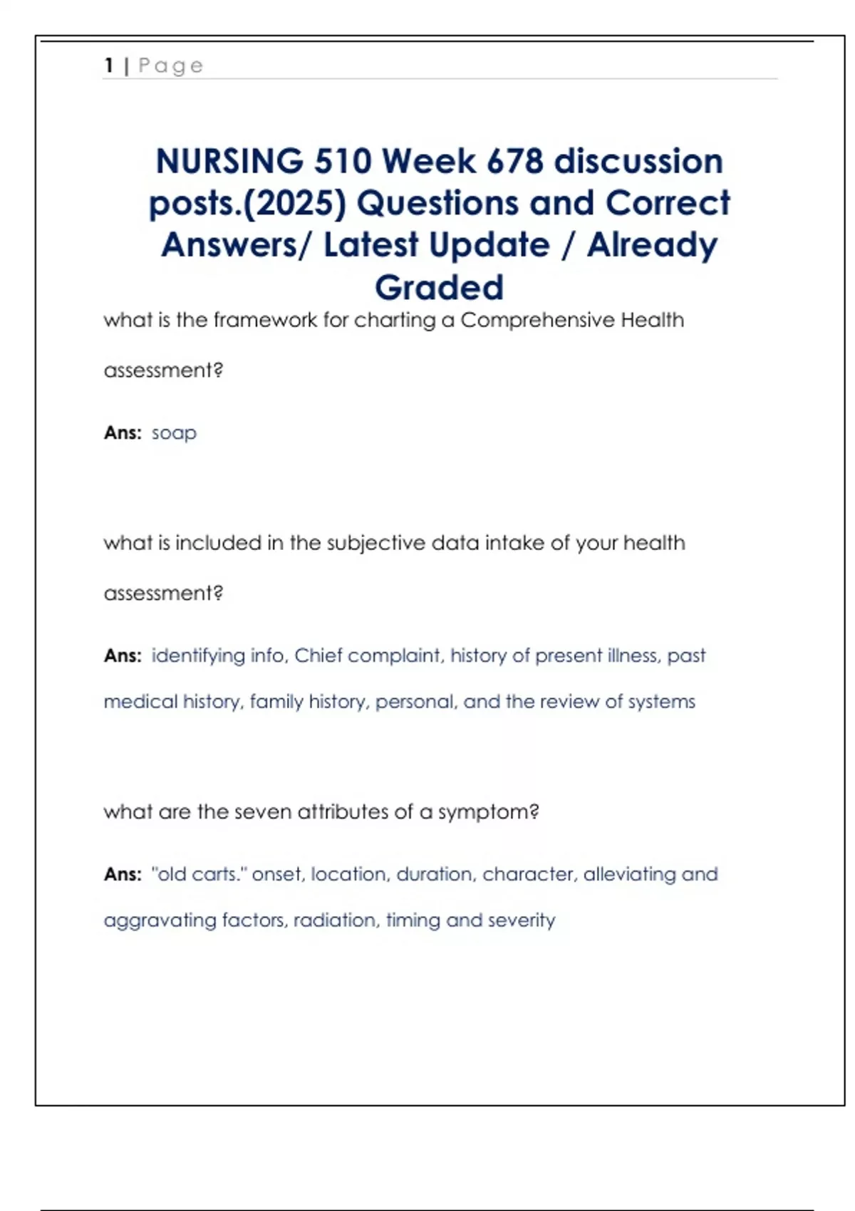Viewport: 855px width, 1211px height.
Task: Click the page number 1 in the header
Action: point(109,66)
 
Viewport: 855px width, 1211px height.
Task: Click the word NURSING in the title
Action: point(229,161)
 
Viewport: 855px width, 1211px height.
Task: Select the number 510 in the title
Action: point(343,161)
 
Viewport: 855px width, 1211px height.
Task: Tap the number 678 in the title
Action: point(515,161)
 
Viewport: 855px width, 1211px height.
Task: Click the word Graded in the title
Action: point(439,288)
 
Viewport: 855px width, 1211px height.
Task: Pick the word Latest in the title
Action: point(370,246)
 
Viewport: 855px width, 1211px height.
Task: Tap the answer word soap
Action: point(174,433)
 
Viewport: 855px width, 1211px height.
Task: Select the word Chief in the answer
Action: point(318,655)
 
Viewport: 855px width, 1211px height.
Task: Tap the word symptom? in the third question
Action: point(488,812)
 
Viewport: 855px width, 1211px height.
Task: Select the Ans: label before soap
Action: point(123,433)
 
